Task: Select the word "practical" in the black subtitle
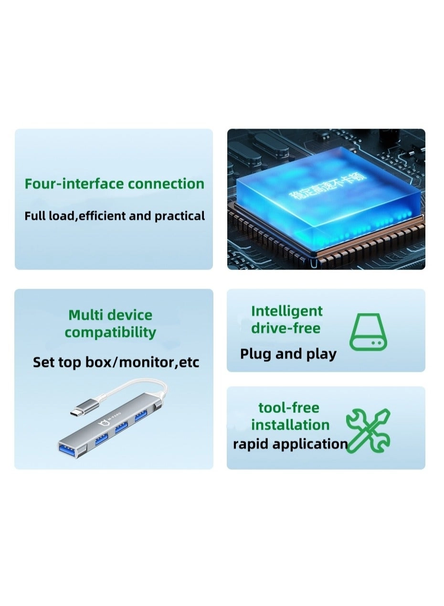tap(180, 216)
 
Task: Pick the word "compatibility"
tap(110, 333)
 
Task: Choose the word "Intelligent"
tap(287, 311)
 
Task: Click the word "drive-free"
tap(285, 328)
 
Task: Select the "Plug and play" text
tap(288, 354)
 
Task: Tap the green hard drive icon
tap(368, 333)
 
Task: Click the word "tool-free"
tap(288, 408)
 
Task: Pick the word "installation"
tap(290, 425)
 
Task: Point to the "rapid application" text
tap(290, 444)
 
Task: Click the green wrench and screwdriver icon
tap(368, 430)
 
